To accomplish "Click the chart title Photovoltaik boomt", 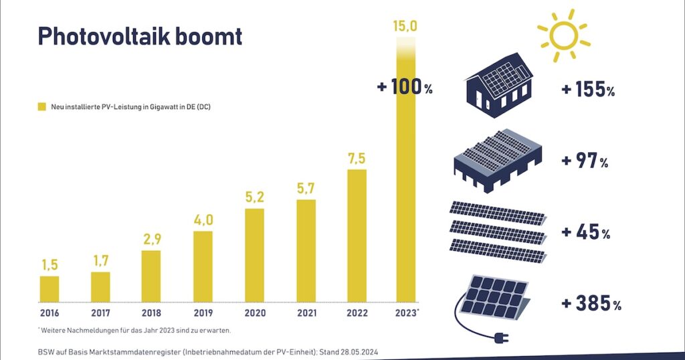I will [x=139, y=36].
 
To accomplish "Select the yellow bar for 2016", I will [x=50, y=288].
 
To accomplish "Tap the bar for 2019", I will [x=203, y=266].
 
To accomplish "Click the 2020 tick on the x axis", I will [x=254, y=312].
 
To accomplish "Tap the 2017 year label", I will [x=100, y=312].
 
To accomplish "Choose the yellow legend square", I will [x=41, y=106].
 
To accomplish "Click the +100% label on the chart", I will [x=405, y=88].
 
